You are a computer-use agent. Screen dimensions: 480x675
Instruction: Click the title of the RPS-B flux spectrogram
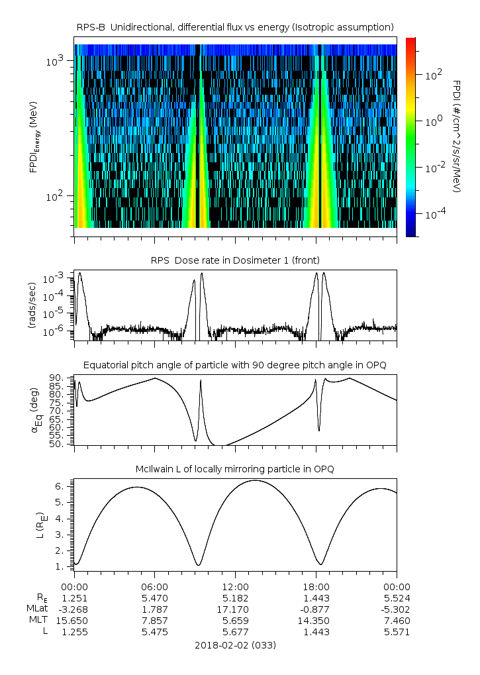(235, 28)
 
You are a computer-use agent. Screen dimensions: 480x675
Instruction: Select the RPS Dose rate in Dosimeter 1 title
(235, 260)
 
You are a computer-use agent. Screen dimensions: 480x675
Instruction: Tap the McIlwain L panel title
(235, 469)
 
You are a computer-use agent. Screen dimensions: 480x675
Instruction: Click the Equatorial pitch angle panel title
(235, 366)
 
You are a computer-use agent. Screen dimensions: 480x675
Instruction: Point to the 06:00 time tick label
(155, 587)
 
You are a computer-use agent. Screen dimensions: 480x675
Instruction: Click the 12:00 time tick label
(235, 587)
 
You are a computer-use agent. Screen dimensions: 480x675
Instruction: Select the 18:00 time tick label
(316, 587)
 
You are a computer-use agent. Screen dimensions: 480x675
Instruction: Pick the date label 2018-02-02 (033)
(235, 645)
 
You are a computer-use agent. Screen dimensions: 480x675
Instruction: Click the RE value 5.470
(155, 598)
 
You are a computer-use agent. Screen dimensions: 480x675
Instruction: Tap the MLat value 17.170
(235, 609)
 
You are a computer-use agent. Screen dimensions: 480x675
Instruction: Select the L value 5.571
(397, 633)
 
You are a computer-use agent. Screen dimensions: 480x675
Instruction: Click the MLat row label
(38, 609)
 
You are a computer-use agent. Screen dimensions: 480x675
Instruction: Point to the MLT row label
(38, 620)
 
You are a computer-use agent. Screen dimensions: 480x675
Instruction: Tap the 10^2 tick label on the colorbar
(434, 75)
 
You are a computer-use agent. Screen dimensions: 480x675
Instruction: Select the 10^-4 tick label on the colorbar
(435, 213)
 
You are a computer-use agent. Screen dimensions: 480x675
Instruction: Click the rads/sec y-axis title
(31, 305)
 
